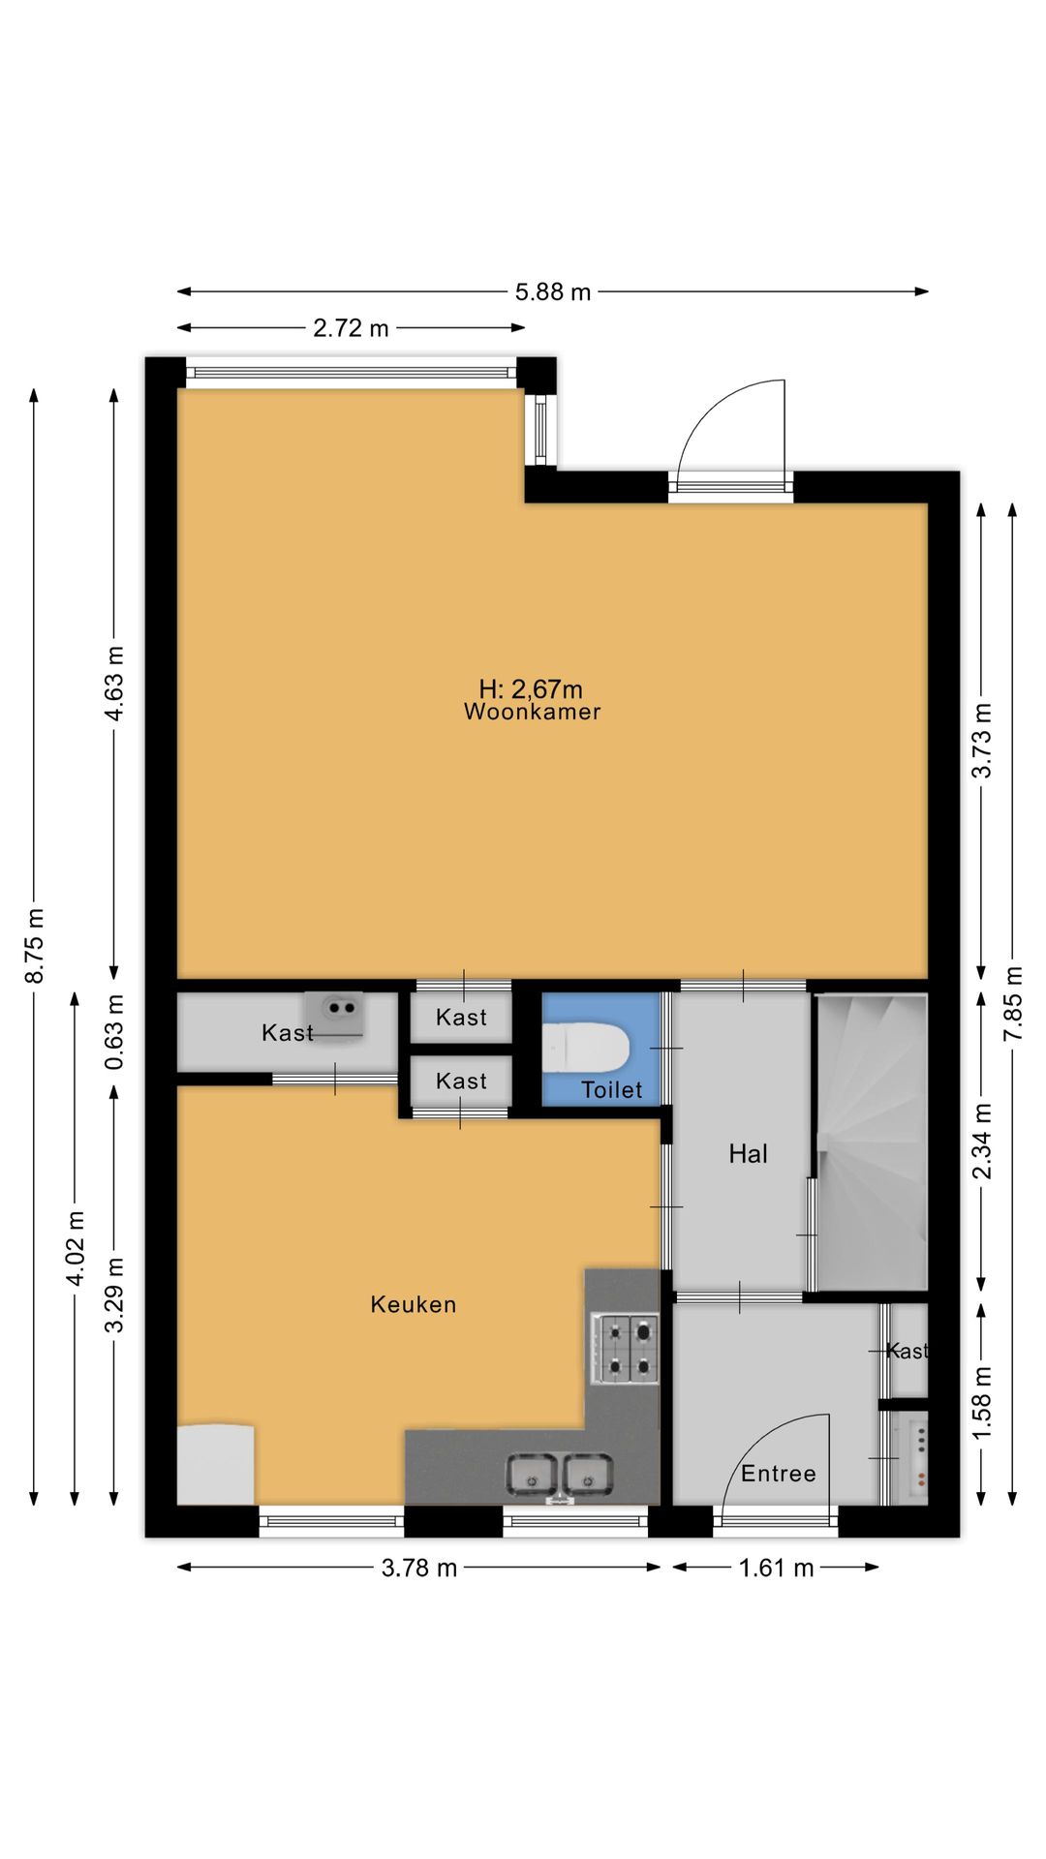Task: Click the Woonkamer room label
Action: (532, 712)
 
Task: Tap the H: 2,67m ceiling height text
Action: (531, 688)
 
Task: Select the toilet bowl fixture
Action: (585, 1048)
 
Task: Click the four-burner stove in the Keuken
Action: (625, 1348)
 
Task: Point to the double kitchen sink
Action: (560, 1475)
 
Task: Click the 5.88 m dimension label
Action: (553, 291)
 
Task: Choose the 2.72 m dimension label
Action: (351, 328)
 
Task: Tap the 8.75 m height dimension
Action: (35, 945)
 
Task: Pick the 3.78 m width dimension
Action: (418, 1568)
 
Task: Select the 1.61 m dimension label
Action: (776, 1568)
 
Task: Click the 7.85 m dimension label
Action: (1012, 1003)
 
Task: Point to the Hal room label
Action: (748, 1153)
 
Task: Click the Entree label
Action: (778, 1473)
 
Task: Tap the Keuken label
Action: (414, 1304)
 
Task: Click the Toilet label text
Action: (612, 1090)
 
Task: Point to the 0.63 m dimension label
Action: (115, 1032)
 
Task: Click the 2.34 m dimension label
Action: (982, 1142)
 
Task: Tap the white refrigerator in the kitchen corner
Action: (216, 1464)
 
